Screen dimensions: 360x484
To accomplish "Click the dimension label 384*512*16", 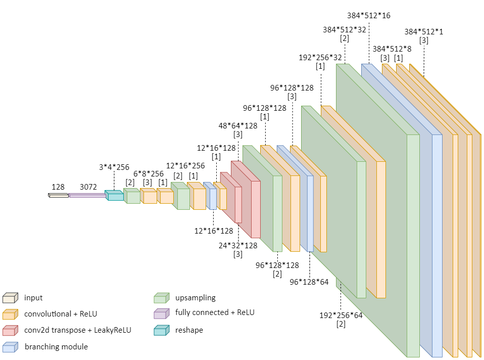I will tap(369, 16).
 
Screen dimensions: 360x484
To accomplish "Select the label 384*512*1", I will tap(423, 32).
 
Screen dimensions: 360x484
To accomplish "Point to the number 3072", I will tap(88, 187).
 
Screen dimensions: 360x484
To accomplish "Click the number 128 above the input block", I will tap(58, 187).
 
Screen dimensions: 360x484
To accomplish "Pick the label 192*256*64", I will tap(341, 316).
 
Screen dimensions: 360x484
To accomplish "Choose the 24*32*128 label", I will tap(238, 246).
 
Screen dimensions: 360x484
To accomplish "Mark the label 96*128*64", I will tap(309, 282).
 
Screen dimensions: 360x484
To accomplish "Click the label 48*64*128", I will tap(237, 126).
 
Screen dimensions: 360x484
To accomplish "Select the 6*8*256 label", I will tap(149, 173).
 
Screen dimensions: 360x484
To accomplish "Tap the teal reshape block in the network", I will tap(114, 195).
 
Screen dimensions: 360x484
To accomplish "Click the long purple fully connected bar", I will tap(87, 195).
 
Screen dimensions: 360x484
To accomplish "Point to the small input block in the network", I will tap(58, 195).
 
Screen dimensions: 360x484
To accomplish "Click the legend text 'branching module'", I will tap(56, 347).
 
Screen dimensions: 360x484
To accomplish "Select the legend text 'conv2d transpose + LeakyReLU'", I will tap(78, 330).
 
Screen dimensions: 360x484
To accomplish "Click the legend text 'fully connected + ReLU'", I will tap(215, 312).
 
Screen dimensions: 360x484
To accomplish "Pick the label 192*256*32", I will tap(320, 57).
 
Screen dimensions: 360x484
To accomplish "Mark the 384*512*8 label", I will tap(392, 49).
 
